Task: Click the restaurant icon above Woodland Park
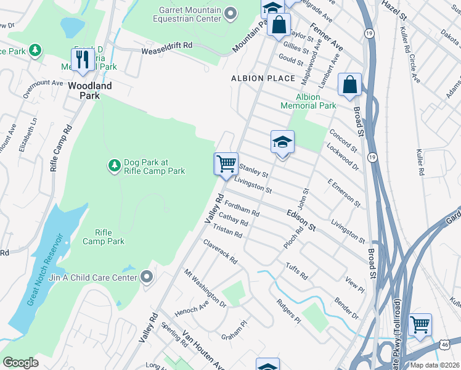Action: pyautogui.click(x=82, y=60)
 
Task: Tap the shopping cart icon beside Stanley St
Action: pyautogui.click(x=226, y=164)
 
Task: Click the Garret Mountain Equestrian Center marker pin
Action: pyautogui.click(x=230, y=13)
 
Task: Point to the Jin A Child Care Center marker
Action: pyautogui.click(x=147, y=277)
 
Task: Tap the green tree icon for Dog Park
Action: pyautogui.click(x=114, y=165)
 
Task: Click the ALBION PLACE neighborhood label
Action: pyautogui.click(x=263, y=78)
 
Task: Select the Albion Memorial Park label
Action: pyautogui.click(x=308, y=101)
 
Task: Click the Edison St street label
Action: pyautogui.click(x=301, y=221)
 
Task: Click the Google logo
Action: pyautogui.click(x=20, y=362)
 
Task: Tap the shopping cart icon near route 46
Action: pyautogui.click(x=420, y=324)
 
